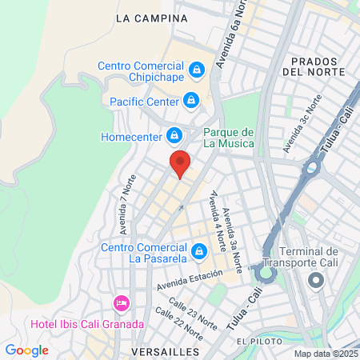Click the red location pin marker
(181, 163)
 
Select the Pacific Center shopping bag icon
(190, 101)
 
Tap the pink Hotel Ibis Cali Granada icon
(122, 303)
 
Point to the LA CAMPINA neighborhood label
(151, 18)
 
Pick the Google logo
(26, 350)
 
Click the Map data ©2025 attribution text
(325, 354)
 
